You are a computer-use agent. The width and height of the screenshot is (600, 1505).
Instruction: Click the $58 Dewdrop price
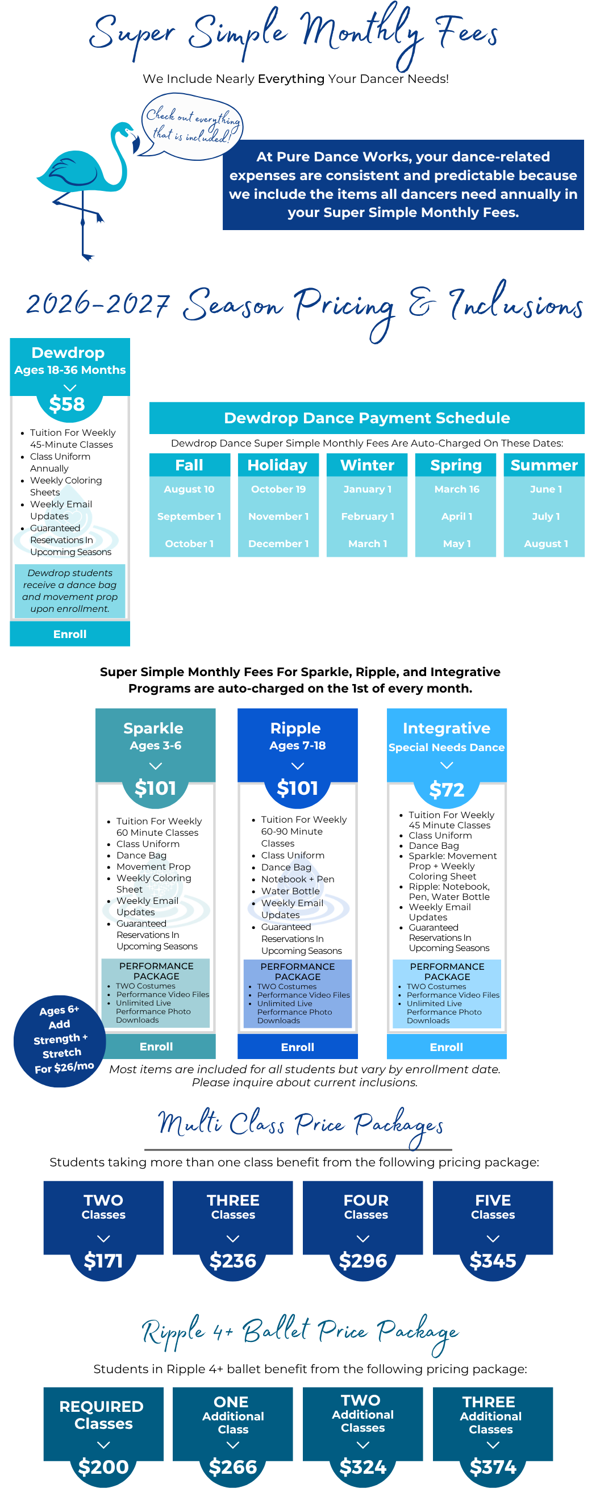point(67,404)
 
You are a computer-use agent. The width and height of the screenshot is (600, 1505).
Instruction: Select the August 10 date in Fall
point(189,489)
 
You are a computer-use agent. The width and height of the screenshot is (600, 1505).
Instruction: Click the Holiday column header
point(277,465)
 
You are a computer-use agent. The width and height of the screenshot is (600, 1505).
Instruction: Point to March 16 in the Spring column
point(457,489)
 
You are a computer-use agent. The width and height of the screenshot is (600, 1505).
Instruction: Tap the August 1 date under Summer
point(545,544)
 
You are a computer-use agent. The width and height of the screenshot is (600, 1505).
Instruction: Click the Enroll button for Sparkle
point(156,1047)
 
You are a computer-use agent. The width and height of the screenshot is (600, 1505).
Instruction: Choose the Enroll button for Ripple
point(298,1047)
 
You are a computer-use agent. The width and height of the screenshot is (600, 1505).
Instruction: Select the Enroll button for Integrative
point(447,1047)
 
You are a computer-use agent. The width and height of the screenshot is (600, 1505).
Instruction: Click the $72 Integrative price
point(447,790)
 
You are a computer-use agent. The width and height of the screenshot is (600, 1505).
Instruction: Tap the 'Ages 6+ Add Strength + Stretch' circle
point(60,1041)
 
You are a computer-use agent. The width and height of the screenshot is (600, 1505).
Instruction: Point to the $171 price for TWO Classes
point(103,1261)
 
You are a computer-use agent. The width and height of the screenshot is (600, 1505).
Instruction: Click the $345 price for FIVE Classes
point(493,1261)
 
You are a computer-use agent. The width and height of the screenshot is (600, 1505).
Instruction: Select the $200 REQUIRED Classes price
point(103,1467)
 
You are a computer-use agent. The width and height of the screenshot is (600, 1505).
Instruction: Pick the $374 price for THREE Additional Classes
point(493,1467)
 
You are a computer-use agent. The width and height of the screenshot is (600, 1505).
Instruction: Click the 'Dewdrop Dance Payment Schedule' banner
point(367,418)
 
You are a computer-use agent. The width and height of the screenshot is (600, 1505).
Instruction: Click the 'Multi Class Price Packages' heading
point(301,1125)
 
